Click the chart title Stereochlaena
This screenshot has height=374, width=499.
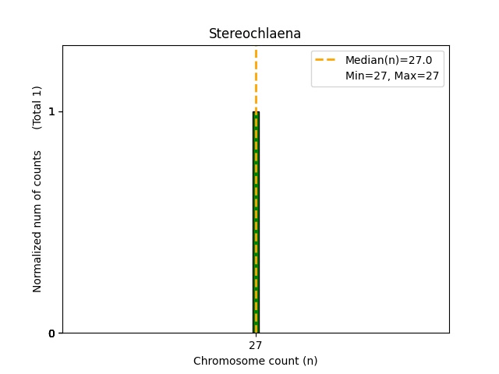[255, 34]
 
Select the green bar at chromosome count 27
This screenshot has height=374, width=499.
[256, 234]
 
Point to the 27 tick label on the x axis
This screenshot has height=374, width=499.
[255, 345]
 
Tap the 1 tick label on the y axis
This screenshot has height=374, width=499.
[51, 111]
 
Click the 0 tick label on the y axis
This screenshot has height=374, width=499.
[51, 333]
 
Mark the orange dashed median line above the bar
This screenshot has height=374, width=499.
[256, 78]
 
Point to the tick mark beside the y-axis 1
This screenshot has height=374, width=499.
[60, 111]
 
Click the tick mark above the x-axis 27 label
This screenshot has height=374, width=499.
[256, 335]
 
